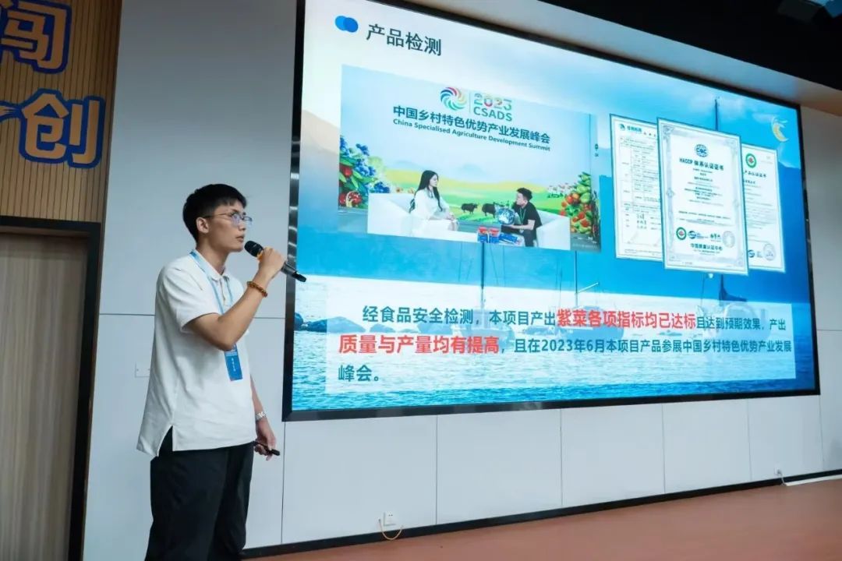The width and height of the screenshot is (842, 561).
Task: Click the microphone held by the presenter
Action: (x=273, y=260)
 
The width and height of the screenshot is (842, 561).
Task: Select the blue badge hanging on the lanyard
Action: (x=233, y=362)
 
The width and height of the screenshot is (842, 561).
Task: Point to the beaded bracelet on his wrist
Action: (x=257, y=288)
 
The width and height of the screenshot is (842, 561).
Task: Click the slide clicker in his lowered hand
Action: (x=267, y=449)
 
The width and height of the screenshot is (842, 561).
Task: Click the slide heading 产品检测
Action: (x=403, y=43)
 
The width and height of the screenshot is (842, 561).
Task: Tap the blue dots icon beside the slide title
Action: (x=346, y=24)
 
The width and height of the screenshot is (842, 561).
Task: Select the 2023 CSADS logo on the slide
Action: (x=476, y=102)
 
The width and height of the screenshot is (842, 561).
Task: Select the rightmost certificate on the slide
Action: (x=762, y=207)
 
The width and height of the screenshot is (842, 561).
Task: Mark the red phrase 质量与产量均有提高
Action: (x=419, y=344)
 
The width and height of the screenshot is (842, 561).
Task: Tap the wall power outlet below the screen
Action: (x=389, y=518)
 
